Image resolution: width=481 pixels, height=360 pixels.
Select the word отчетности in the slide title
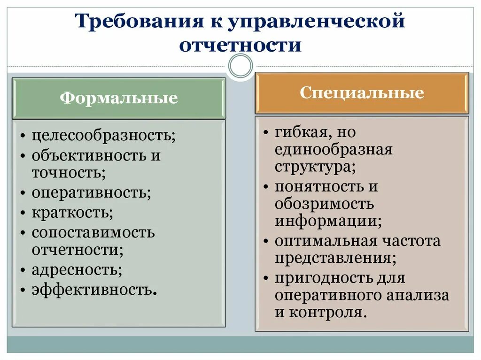pos(240,46)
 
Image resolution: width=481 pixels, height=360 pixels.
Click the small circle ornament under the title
pos(240,65)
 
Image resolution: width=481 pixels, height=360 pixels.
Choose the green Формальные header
pos(118,98)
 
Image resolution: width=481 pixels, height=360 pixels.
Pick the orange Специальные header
pos(362,93)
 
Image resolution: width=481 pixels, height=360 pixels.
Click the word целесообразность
pos(103,136)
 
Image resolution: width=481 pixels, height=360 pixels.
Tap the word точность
pos(69,173)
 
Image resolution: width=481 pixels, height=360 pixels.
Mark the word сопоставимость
pos(93,232)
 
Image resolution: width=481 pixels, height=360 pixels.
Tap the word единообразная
pos(334,150)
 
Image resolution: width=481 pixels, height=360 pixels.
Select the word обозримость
pos(324,204)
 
